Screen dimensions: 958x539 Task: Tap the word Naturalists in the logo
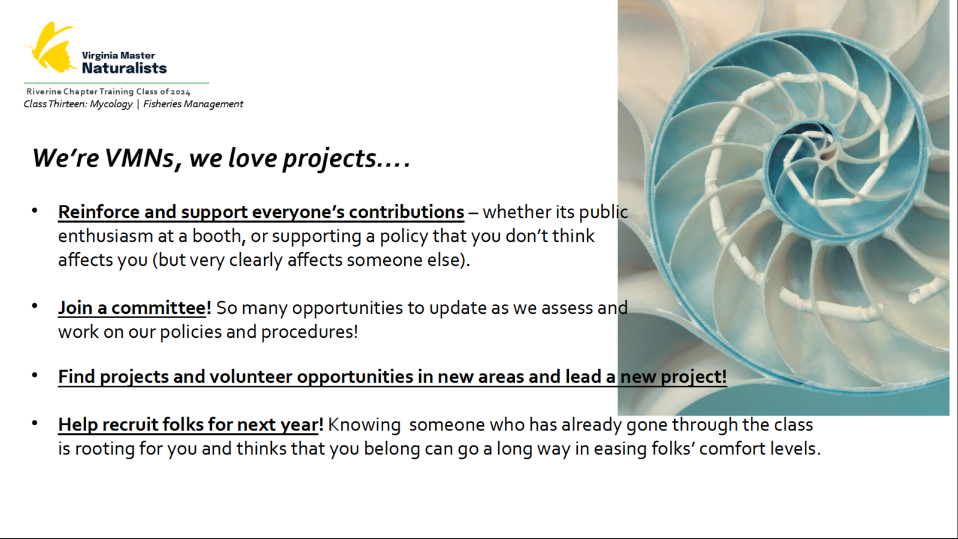click(x=124, y=68)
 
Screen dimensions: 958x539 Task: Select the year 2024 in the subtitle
click(x=180, y=92)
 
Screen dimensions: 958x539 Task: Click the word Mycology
click(x=111, y=104)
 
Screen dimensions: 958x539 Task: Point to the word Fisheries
click(x=162, y=104)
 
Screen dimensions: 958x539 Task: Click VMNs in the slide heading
click(x=139, y=158)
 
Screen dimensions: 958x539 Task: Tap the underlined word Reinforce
click(x=99, y=212)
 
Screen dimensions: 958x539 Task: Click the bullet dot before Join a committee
click(x=35, y=306)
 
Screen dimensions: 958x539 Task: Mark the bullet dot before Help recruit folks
click(x=35, y=423)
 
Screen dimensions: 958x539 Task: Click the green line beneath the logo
click(x=116, y=83)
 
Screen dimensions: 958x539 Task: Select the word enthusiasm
click(x=105, y=236)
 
